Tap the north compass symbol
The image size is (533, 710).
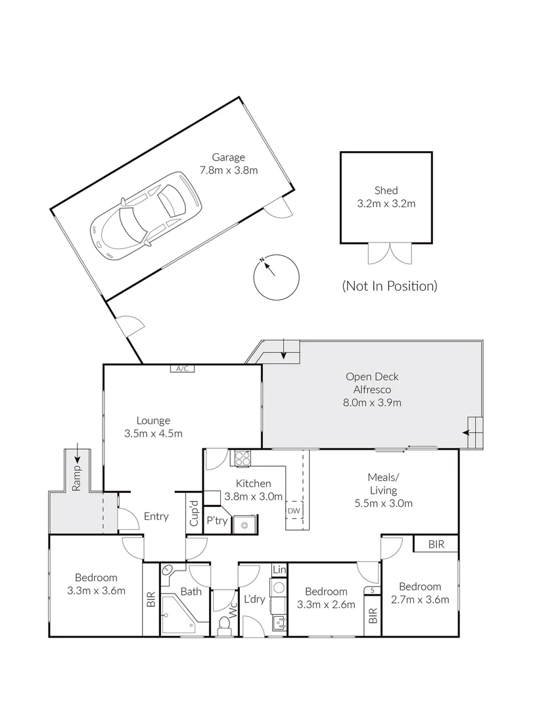coord(275,276)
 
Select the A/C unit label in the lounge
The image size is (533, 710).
coord(182,369)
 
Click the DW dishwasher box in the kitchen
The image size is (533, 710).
coord(293,510)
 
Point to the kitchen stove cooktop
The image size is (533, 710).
coord(241,458)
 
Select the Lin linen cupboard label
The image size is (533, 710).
coord(279,570)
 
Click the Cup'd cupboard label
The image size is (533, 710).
coord(194,514)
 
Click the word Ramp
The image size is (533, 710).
coord(77,479)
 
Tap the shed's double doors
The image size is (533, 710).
coord(390,252)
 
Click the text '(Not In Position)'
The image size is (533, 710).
coord(389,286)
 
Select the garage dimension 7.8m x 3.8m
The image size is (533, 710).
coord(228,170)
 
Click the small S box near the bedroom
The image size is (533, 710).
coord(373,590)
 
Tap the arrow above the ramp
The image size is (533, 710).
coord(78,452)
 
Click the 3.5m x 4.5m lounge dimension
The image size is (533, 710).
coord(153,433)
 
